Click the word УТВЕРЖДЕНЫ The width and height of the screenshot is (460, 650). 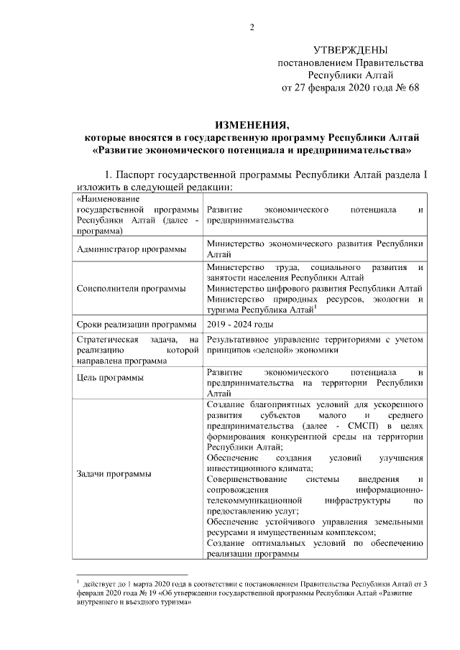click(x=351, y=50)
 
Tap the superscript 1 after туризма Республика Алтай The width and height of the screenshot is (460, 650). click(x=316, y=306)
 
